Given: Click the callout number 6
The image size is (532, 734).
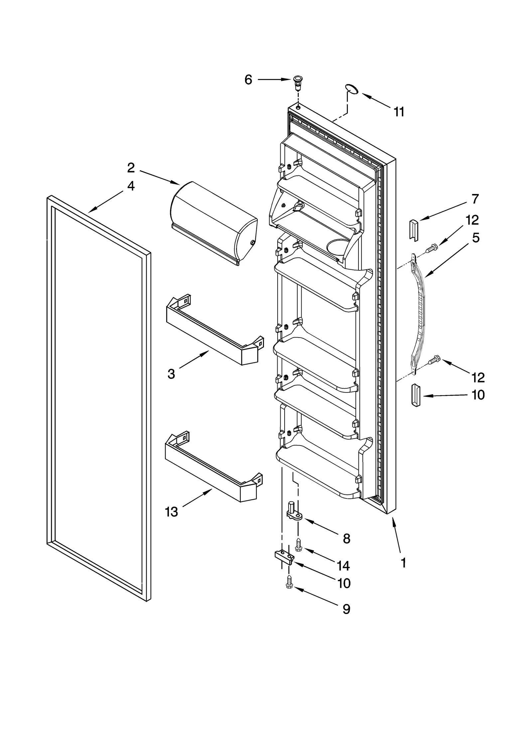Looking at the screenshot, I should [248, 80].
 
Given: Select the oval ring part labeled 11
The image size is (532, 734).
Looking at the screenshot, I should [351, 88].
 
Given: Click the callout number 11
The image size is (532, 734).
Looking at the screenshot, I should [399, 112].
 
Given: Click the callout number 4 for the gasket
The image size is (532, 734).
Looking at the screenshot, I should [131, 186].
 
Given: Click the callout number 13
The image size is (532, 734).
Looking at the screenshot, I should [172, 512].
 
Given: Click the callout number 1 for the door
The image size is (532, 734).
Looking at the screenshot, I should [403, 563].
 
